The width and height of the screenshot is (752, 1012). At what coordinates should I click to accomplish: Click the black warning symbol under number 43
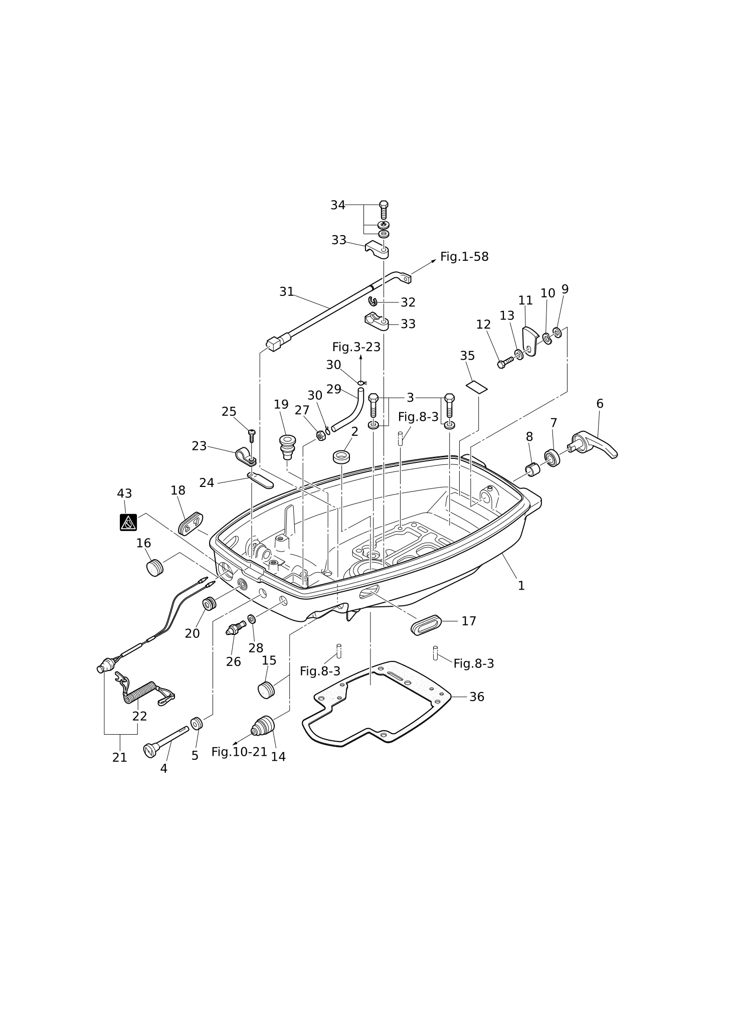pyautogui.click(x=128, y=522)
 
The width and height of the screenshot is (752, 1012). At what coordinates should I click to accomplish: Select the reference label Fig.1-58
pyautogui.click(x=464, y=257)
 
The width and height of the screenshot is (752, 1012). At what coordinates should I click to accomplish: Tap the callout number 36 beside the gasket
pyautogui.click(x=476, y=697)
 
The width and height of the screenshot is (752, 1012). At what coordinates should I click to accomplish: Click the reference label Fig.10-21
pyautogui.click(x=239, y=752)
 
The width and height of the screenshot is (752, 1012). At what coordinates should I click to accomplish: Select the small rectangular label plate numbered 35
pyautogui.click(x=477, y=386)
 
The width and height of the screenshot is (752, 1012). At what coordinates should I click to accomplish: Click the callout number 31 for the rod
pyautogui.click(x=286, y=291)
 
